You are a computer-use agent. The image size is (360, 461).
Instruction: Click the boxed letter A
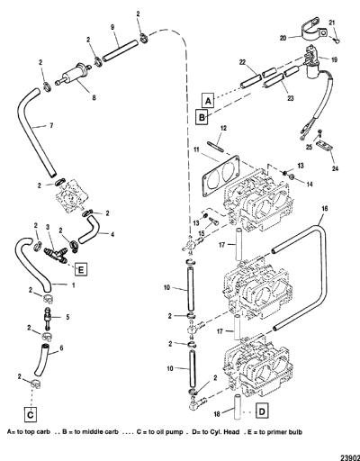coord(209,100)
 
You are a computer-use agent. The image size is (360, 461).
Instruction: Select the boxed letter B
coord(202,117)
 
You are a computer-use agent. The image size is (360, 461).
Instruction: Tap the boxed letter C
coord(30,414)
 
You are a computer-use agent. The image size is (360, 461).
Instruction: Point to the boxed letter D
coord(262,411)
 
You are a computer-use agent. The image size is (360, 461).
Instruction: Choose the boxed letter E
coord(81,269)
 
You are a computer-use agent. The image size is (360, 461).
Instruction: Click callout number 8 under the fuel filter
coord(94,98)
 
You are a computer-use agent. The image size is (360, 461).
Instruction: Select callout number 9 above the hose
coord(112,27)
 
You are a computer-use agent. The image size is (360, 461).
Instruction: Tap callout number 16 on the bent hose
coord(325,209)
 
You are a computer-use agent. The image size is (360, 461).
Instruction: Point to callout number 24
coord(335,168)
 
